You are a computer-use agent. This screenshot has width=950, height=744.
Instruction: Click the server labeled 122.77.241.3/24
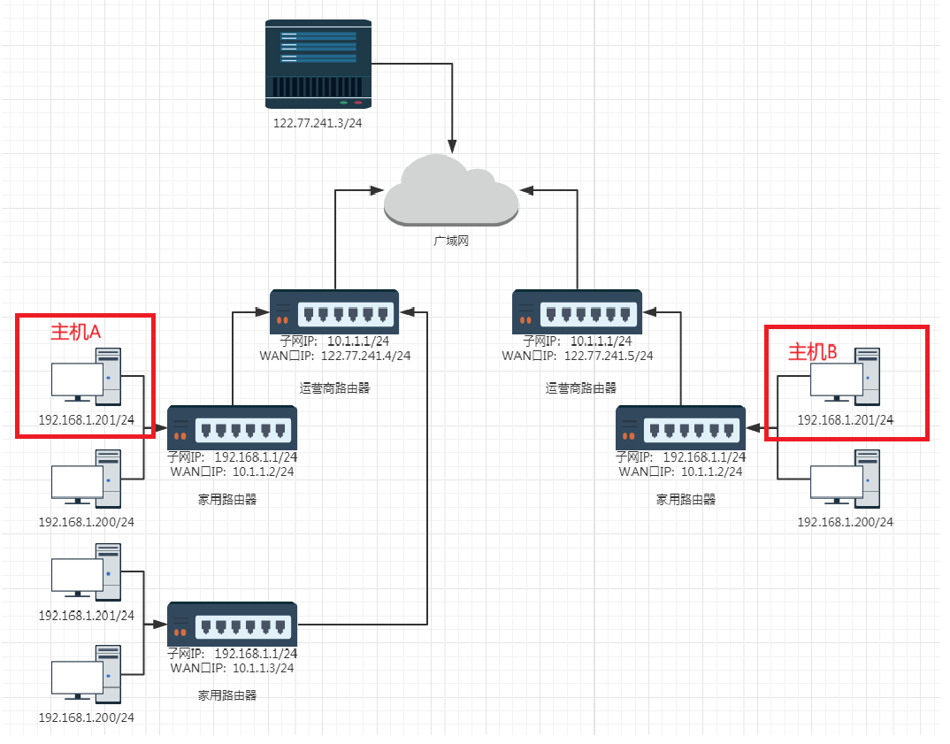click(318, 61)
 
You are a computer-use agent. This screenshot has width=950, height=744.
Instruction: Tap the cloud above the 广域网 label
click(451, 189)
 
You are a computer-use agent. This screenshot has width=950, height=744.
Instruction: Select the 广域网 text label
click(450, 240)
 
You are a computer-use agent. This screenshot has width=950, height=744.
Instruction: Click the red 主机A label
click(76, 332)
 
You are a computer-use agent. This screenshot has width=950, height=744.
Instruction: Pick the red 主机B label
click(812, 351)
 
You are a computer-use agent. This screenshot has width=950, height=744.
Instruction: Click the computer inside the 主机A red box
click(86, 379)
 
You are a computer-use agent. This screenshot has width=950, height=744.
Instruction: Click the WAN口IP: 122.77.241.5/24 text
click(578, 356)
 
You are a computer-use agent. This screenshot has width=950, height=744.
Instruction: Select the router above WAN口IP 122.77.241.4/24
click(334, 312)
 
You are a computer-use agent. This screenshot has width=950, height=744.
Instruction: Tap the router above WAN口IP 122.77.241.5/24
click(577, 312)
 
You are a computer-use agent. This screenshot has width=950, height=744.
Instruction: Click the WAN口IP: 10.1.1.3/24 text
click(233, 668)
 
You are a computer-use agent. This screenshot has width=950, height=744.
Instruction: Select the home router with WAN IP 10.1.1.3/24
click(233, 625)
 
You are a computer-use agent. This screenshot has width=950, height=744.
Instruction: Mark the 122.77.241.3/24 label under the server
click(318, 123)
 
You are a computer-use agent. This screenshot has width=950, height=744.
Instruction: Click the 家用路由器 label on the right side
click(686, 499)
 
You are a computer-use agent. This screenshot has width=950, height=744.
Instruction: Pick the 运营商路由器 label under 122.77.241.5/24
click(581, 387)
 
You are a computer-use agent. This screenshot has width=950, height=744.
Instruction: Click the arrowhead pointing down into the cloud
click(453, 144)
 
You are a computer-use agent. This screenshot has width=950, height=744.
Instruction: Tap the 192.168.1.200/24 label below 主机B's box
click(846, 522)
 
